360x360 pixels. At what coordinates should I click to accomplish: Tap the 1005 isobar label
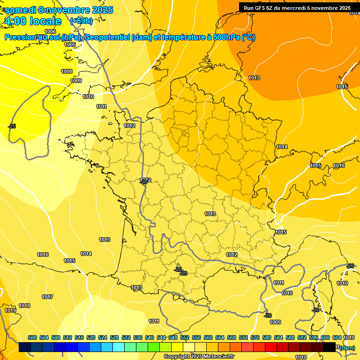tap(70, 45)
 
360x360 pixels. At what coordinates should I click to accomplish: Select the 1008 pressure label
tap(67, 71)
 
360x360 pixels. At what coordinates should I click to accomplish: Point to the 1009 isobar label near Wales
tap(76, 81)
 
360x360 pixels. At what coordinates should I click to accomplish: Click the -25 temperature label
tap(12, 126)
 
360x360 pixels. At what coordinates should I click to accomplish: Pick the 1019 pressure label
tap(10, 310)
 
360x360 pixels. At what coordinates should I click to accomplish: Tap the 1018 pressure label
tap(24, 306)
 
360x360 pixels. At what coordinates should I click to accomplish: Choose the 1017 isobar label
tap(47, 297)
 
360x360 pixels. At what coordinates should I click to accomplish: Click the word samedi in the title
tap(22, 10)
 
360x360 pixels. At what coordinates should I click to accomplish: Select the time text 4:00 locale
tap(32, 21)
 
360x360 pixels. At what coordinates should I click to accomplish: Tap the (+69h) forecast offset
tap(81, 21)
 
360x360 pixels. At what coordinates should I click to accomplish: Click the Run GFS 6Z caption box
tap(297, 7)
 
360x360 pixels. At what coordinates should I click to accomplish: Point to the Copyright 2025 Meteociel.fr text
tap(199, 356)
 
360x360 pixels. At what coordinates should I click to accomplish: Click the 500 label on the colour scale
tap(32, 337)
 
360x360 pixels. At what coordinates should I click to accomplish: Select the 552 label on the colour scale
tap(185, 337)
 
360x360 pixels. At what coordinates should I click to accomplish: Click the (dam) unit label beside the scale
tap(347, 347)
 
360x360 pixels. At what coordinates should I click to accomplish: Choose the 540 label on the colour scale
tap(150, 337)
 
